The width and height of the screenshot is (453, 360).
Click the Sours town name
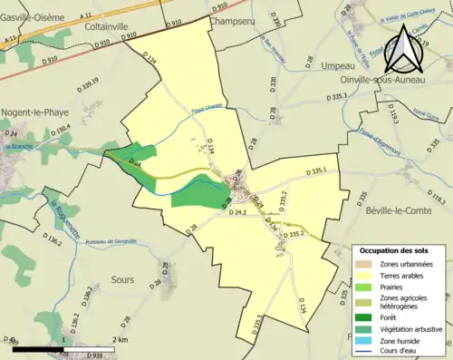pos(121,279)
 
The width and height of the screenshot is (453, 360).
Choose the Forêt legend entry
pos(395,317)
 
